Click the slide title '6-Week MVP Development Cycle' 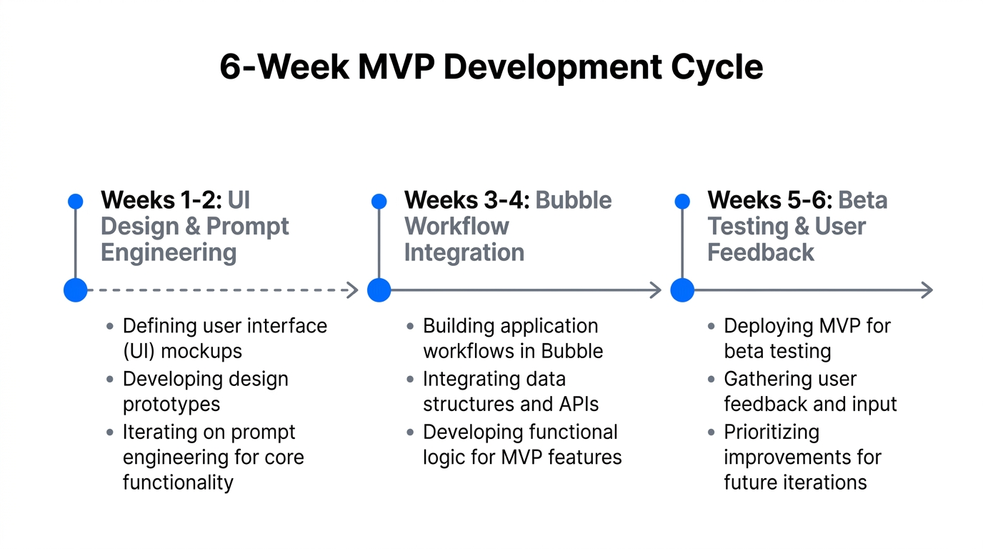(x=491, y=67)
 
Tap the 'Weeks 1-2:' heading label (x=161, y=200)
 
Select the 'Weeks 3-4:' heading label (x=466, y=200)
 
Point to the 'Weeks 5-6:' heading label (x=769, y=200)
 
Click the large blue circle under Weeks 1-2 (x=75, y=290)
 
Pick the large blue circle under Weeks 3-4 (x=379, y=290)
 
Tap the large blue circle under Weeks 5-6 (x=682, y=290)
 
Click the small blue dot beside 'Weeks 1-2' (x=75, y=202)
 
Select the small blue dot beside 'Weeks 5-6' (x=682, y=202)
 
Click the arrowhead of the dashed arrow (x=351, y=290)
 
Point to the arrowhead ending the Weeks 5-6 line (x=927, y=290)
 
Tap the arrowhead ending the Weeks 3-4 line (x=654, y=290)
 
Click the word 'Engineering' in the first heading (x=169, y=252)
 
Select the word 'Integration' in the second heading (x=464, y=252)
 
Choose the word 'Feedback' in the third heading (x=761, y=252)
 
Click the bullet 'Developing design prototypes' (x=205, y=391)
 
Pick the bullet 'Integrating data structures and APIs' (x=510, y=391)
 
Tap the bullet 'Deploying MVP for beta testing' (x=807, y=338)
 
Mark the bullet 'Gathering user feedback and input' (x=809, y=391)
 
